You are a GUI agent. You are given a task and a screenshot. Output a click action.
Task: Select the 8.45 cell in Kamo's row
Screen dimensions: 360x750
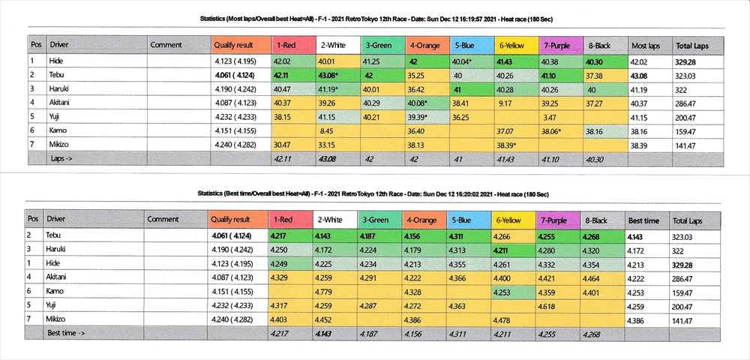(326, 130)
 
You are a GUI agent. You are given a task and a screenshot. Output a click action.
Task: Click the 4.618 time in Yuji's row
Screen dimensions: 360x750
(550, 305)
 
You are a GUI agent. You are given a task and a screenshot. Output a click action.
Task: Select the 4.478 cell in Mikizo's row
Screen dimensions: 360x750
(504, 319)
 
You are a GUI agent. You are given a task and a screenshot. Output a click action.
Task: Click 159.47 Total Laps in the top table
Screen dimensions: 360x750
(688, 130)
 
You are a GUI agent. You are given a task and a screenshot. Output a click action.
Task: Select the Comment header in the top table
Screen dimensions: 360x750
(166, 45)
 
